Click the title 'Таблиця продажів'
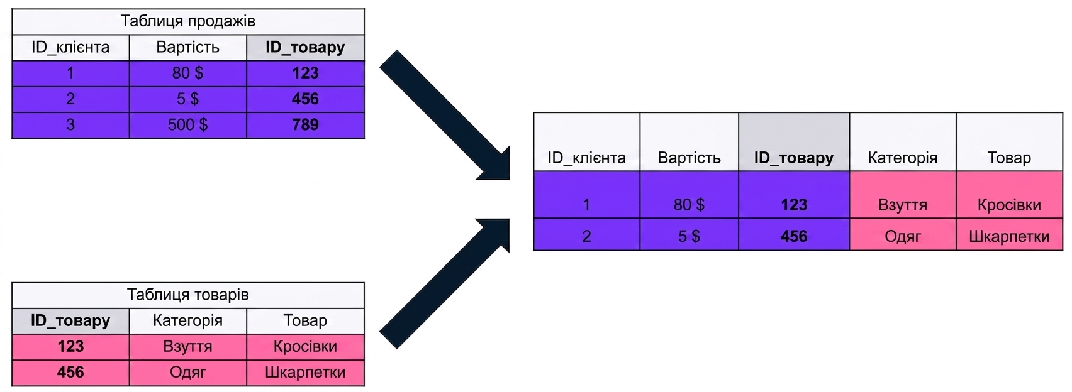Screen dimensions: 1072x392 click(187, 21)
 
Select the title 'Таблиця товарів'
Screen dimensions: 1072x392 click(187, 295)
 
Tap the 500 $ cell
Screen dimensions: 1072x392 click(187, 125)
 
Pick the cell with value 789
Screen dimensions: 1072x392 click(305, 125)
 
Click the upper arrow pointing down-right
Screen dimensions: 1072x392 click(445, 115)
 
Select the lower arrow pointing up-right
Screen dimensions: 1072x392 click(445, 283)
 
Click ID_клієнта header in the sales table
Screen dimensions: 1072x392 click(70, 47)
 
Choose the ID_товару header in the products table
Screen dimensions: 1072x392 click(70, 321)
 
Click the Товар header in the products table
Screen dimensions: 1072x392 click(305, 321)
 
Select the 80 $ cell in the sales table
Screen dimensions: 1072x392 click(187, 73)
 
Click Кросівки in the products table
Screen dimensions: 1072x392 click(305, 347)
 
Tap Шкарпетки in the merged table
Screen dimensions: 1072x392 click(1009, 236)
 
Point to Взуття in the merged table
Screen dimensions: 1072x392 click(903, 205)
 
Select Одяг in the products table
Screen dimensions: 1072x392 click(187, 373)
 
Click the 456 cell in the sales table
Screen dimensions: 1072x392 click(305, 99)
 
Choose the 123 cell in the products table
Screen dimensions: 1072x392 click(70, 347)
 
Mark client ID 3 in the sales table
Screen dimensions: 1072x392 click(70, 125)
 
